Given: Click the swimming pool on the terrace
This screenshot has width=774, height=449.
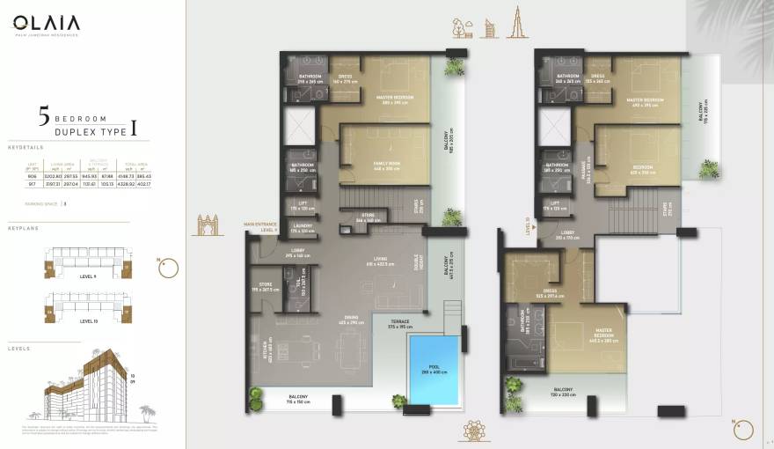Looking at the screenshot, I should pyautogui.click(x=434, y=367).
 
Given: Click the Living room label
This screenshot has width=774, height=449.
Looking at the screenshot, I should pyautogui.click(x=378, y=260).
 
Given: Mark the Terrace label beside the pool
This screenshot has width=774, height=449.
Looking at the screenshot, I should pyautogui.click(x=401, y=324).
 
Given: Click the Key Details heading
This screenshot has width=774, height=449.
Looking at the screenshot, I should pyautogui.click(x=25, y=147).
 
